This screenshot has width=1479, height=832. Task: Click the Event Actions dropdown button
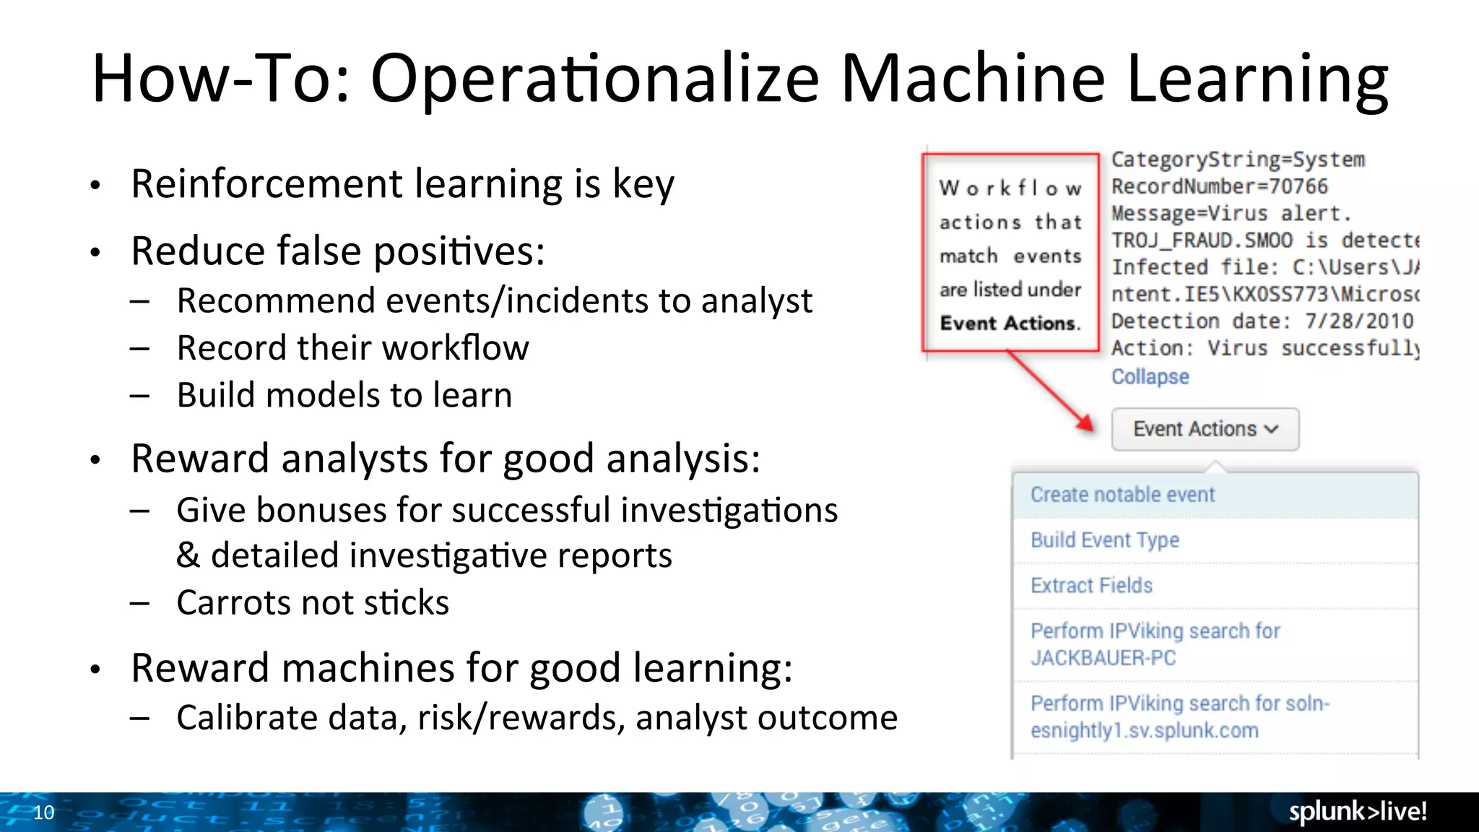[x=1205, y=429]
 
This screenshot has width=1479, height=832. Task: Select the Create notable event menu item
[x=1122, y=495]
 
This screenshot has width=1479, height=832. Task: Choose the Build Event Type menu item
[x=1104, y=540]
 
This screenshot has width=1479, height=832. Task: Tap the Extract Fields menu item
[x=1091, y=585]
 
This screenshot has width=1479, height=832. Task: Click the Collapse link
[x=1150, y=376]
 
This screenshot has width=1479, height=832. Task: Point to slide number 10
[x=44, y=812]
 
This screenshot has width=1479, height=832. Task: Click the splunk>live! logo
[x=1358, y=812]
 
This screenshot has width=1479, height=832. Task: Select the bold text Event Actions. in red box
[x=1010, y=324]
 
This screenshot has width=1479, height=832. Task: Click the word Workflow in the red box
[x=1010, y=188]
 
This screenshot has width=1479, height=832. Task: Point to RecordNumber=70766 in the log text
[x=1219, y=186]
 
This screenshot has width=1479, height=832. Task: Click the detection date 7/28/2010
[x=1358, y=321]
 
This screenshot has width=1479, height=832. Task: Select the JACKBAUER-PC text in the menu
[x=1103, y=658]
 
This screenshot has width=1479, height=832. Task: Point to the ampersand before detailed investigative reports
[x=188, y=555]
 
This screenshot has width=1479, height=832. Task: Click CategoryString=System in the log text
[x=1238, y=160]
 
